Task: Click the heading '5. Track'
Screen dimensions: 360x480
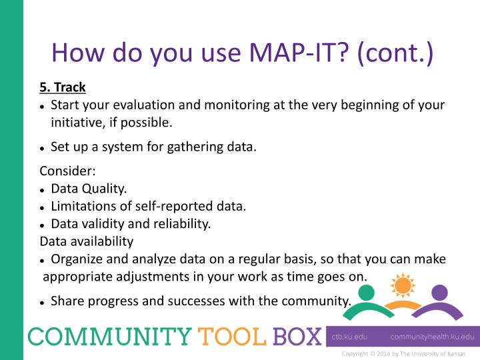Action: (63, 87)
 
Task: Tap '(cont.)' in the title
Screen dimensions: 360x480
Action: (395, 53)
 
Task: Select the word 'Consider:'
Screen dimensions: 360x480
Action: (68, 170)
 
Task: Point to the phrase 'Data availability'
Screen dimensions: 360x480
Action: (87, 241)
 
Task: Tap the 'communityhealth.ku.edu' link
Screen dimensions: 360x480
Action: (432, 337)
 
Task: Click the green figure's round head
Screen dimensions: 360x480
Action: (366, 293)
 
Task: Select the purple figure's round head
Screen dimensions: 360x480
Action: (439, 293)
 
